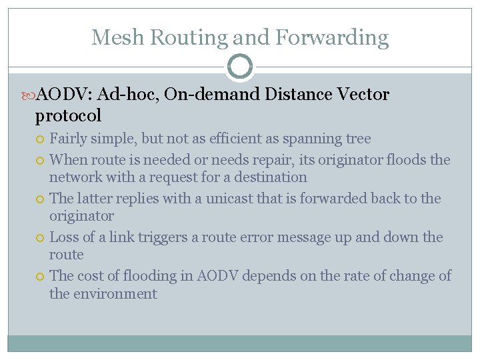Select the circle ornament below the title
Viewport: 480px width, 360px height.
click(239, 67)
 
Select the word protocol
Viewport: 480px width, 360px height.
click(68, 115)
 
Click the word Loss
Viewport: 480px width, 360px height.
click(65, 237)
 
